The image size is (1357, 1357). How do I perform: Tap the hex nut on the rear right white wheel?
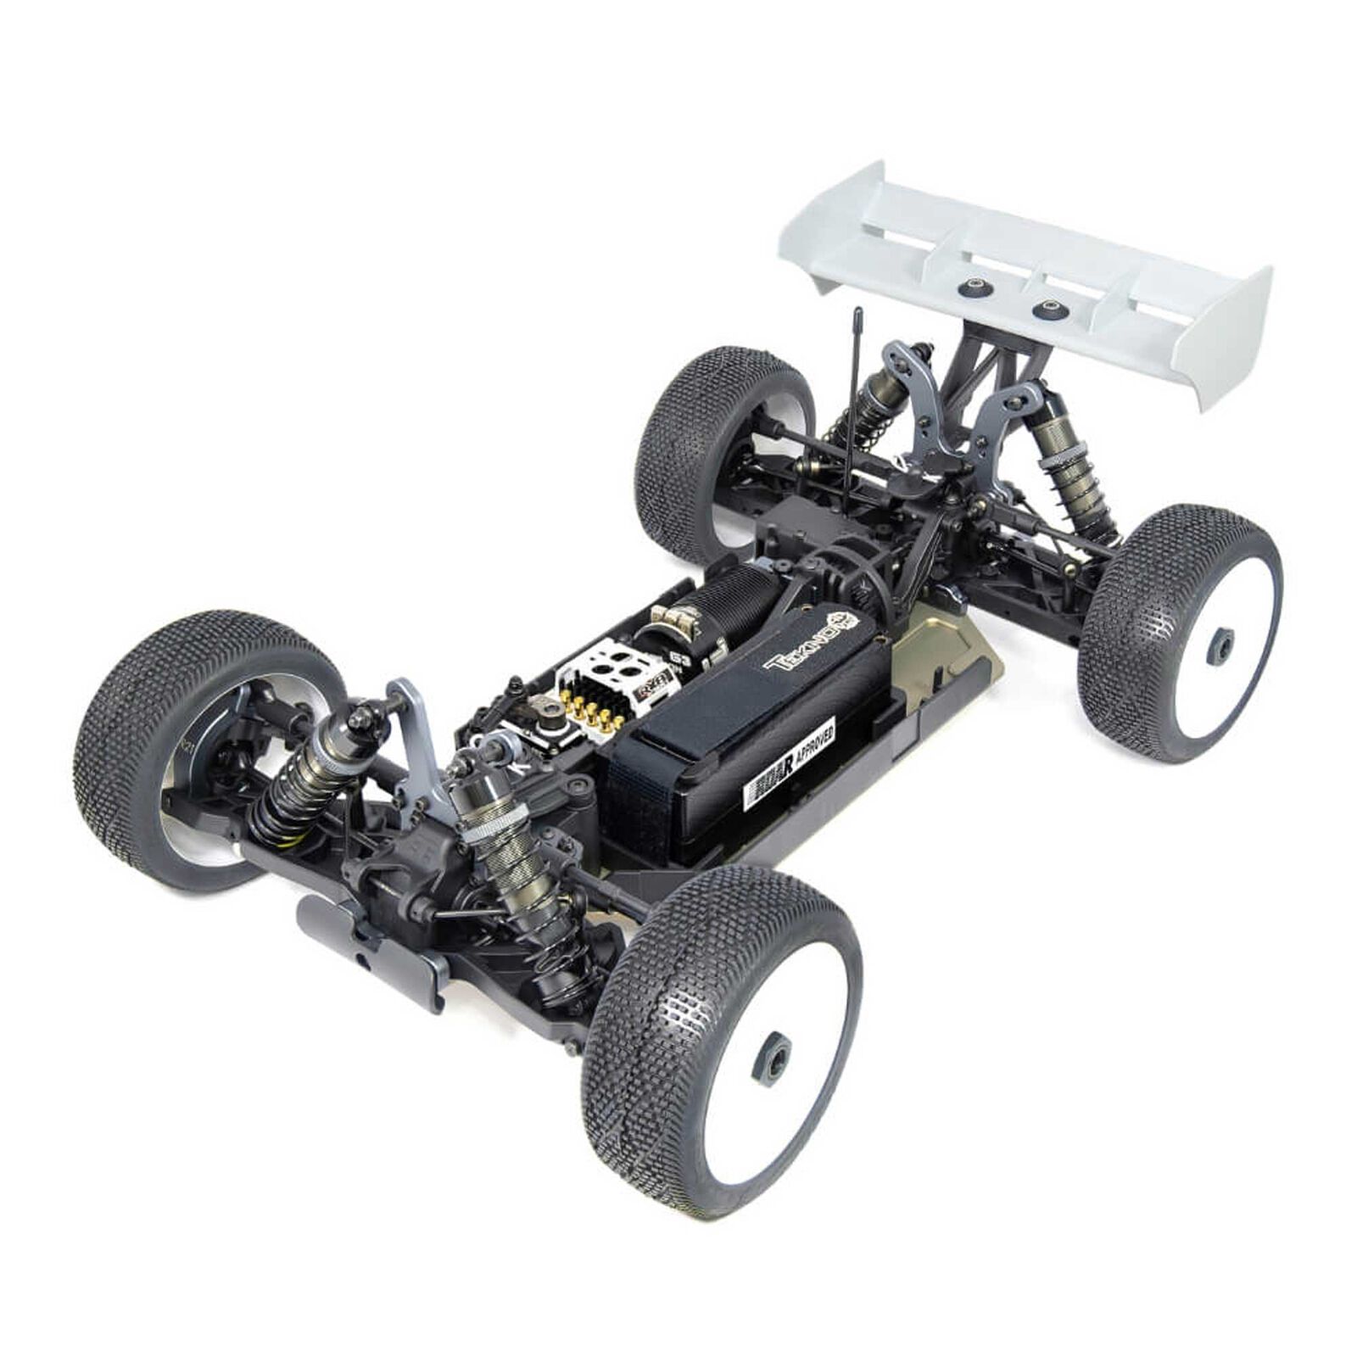click(1220, 647)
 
